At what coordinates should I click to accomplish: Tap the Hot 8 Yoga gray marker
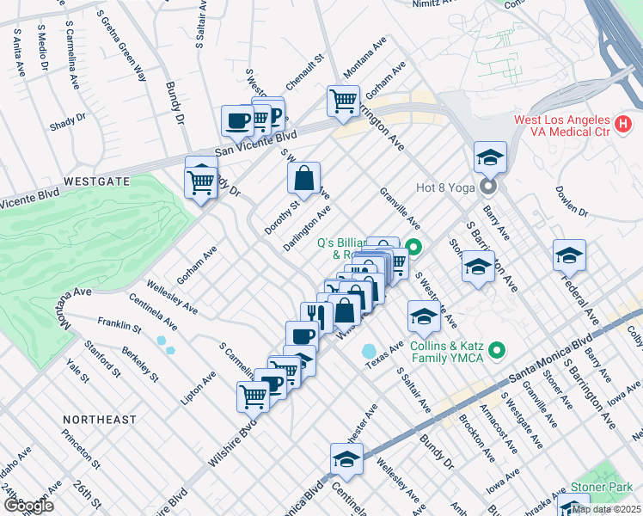click(x=489, y=186)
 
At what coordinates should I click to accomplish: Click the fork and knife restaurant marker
click(x=316, y=316)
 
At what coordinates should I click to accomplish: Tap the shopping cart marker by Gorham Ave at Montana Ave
click(x=344, y=101)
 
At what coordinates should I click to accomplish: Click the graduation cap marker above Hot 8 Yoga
click(x=490, y=157)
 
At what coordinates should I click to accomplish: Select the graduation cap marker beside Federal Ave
click(x=569, y=255)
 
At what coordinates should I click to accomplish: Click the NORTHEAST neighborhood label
click(x=100, y=420)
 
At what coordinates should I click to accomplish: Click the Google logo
click(x=28, y=506)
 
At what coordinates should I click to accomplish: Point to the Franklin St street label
click(x=119, y=326)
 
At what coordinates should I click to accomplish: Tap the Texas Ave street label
click(x=383, y=355)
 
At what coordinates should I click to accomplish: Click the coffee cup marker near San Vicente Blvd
click(x=237, y=121)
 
